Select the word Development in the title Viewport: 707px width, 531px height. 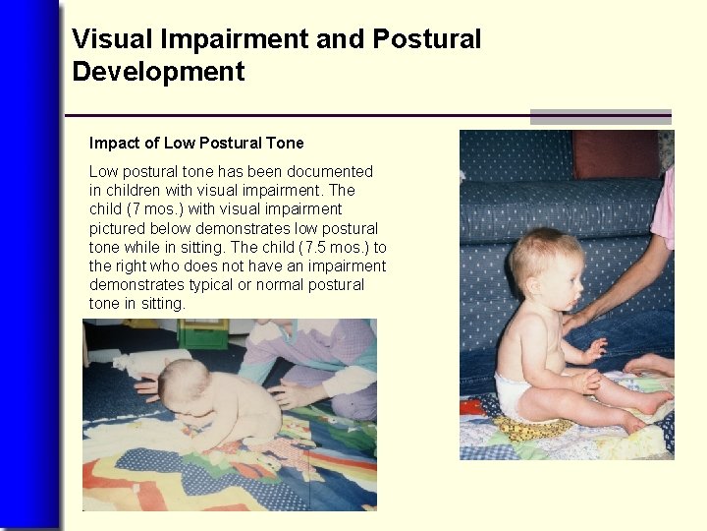click(158, 72)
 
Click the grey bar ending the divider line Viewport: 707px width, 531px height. click(600, 116)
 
